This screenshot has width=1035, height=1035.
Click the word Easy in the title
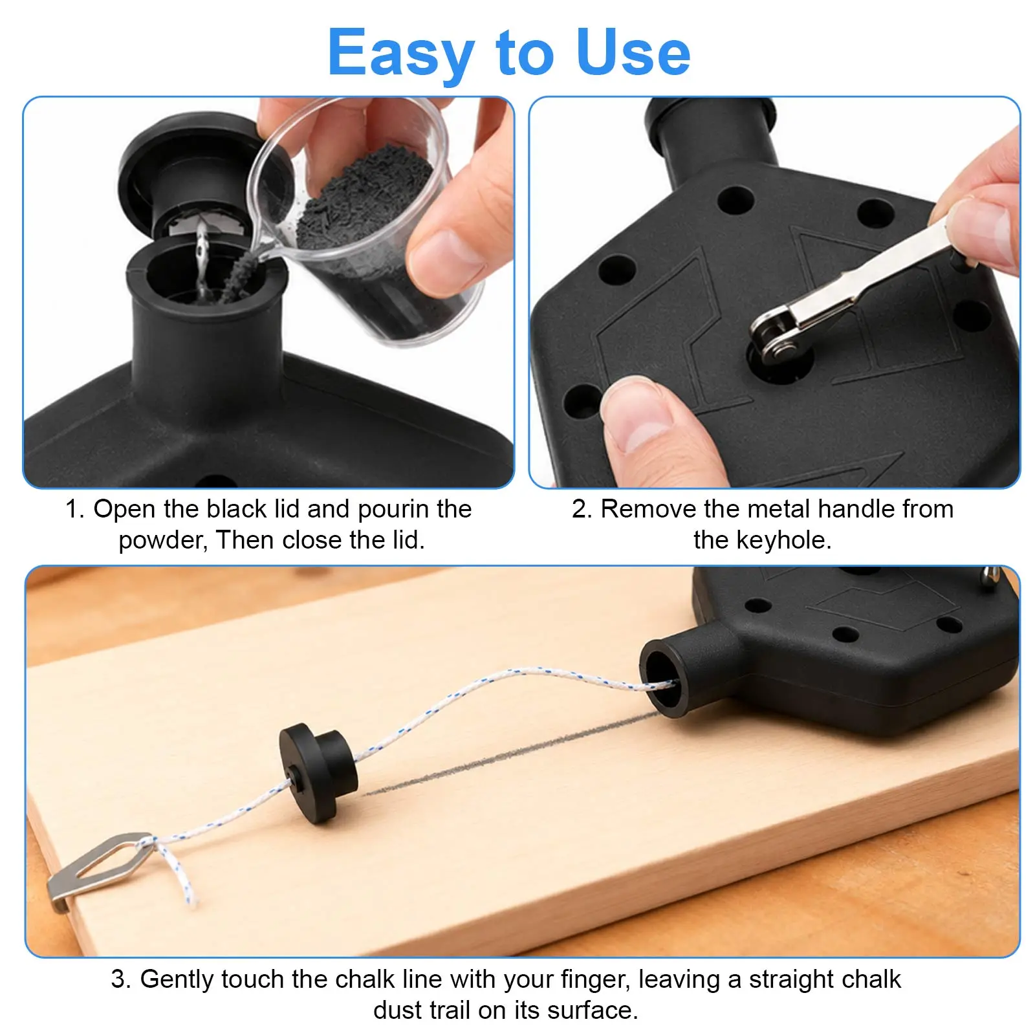click(401, 53)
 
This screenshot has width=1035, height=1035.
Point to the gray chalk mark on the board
click(511, 754)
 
